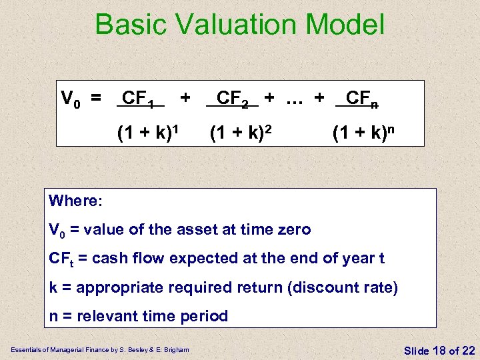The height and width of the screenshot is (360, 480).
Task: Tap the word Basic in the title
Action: point(130,25)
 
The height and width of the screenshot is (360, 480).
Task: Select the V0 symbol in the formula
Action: point(71,100)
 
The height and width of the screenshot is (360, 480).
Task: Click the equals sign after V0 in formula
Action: point(97,100)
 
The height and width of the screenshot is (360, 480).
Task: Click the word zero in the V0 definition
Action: point(291,230)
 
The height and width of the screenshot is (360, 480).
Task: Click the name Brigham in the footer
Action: point(176,350)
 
